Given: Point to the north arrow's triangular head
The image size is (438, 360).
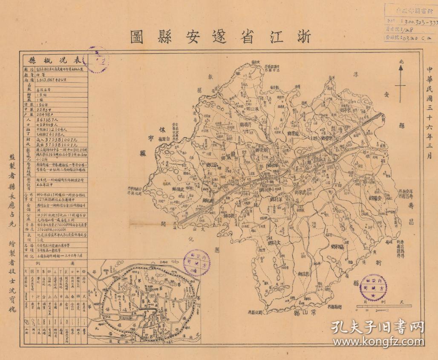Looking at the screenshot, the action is tap(401, 69).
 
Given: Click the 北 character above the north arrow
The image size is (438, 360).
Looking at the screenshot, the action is tap(401, 61).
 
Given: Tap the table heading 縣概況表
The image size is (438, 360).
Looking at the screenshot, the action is tap(55, 59).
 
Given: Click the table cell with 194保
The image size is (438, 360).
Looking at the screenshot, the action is tap(43, 104).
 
